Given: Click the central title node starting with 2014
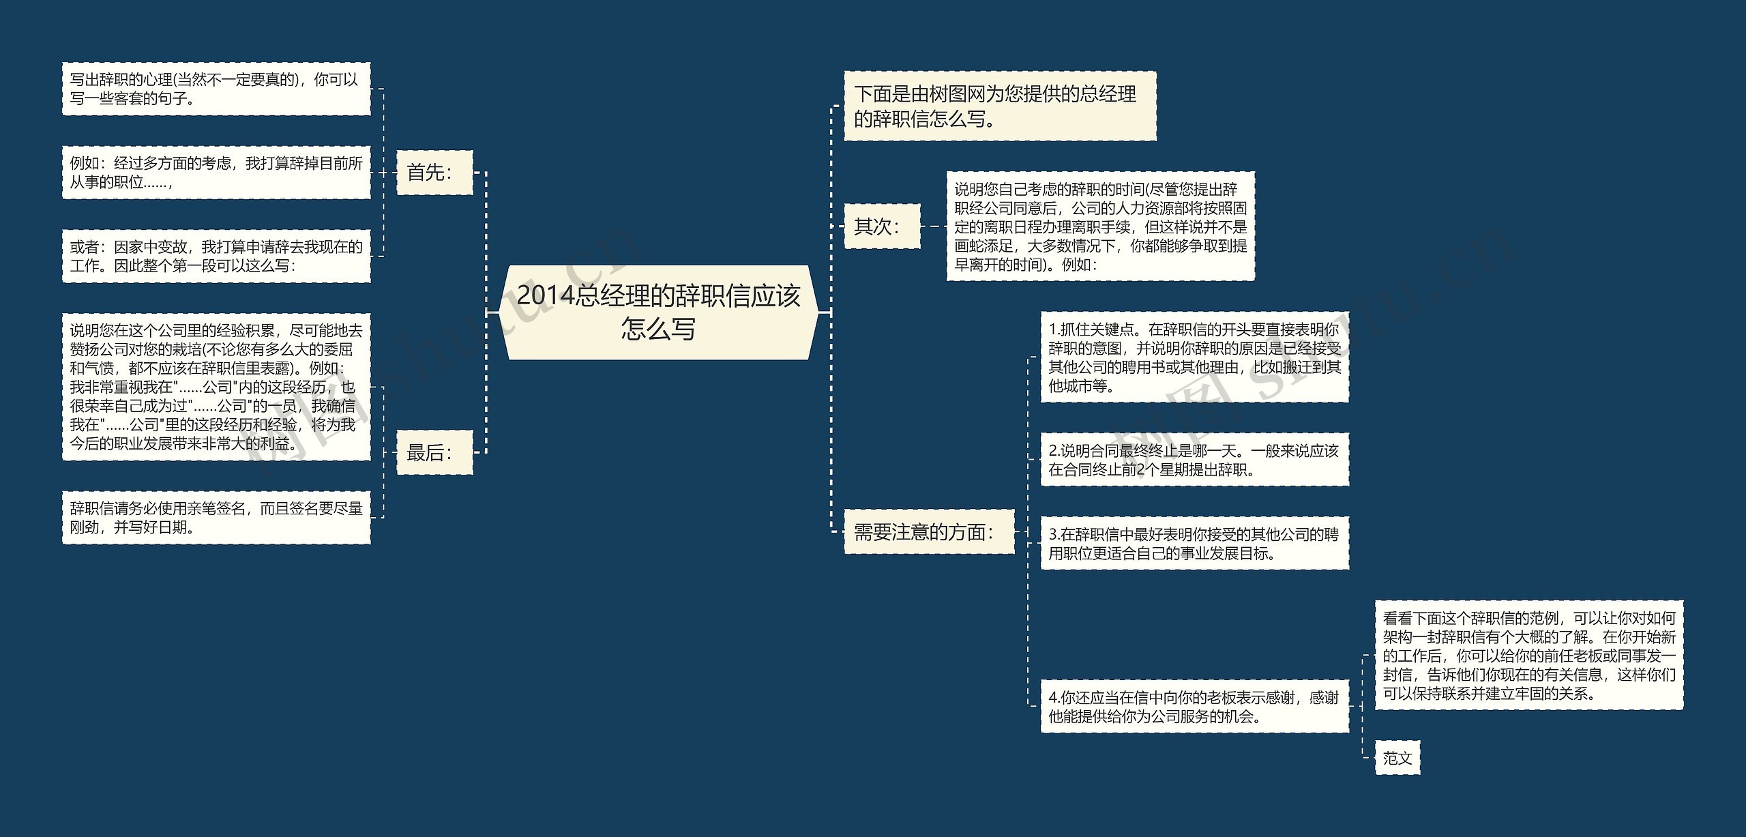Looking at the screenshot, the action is [x=659, y=312].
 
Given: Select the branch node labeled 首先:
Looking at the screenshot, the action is [x=434, y=173].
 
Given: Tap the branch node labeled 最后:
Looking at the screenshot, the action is [x=434, y=452].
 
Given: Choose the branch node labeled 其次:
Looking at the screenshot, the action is [x=882, y=226].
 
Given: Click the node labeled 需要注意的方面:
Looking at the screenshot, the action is [x=929, y=531].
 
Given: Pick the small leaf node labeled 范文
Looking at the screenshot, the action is [x=1397, y=757].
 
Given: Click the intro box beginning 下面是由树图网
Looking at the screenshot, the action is [x=1000, y=106].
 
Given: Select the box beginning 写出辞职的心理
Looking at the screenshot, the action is [x=216, y=89].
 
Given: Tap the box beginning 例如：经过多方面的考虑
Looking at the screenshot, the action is [x=216, y=173].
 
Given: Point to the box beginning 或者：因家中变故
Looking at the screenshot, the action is [x=216, y=256].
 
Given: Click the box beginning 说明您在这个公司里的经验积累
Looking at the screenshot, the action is [x=216, y=387].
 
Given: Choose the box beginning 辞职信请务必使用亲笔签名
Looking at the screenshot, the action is [x=216, y=518].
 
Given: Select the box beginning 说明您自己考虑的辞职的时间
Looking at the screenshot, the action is [x=1100, y=226].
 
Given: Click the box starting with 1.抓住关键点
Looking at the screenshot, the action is [x=1194, y=357].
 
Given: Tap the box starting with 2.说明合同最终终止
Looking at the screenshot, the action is [x=1194, y=460].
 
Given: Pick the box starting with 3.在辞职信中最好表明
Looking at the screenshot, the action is [x=1194, y=543].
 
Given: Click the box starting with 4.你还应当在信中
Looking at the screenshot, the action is [x=1194, y=707].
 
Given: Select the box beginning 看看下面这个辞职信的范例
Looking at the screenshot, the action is [x=1528, y=656].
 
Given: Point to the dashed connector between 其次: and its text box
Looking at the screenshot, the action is [x=933, y=226].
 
